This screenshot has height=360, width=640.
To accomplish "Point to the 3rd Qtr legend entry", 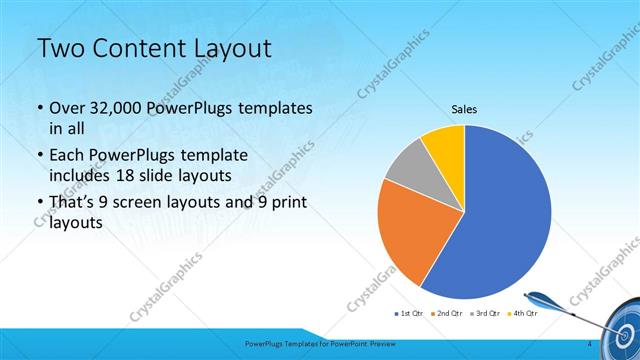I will [485, 314].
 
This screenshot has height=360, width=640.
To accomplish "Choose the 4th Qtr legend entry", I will [523, 314].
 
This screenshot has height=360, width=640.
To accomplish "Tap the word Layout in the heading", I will [228, 50].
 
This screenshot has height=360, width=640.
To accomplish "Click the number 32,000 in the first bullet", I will [115, 108].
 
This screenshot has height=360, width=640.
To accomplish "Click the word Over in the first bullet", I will [67, 108].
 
